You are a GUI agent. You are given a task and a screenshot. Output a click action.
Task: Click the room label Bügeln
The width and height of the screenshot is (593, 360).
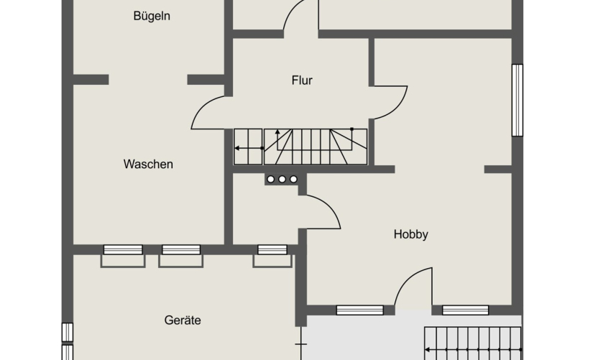click(152, 17)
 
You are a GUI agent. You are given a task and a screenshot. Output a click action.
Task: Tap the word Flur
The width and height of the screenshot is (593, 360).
click(302, 80)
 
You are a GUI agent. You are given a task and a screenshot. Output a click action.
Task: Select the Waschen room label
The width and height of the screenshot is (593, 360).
click(148, 164)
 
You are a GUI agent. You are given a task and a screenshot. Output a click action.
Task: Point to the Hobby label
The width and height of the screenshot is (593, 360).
click(410, 234)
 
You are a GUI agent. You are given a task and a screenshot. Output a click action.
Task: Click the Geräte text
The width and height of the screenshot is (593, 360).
click(183, 320)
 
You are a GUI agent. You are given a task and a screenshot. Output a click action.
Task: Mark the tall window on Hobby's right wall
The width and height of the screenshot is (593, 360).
click(518, 100)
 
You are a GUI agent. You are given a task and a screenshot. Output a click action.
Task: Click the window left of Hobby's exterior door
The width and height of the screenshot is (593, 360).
click(359, 310)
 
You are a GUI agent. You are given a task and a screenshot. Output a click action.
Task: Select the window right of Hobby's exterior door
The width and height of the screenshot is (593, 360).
click(465, 310)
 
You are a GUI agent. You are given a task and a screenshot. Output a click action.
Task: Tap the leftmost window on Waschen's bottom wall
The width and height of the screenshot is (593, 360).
click(123, 249)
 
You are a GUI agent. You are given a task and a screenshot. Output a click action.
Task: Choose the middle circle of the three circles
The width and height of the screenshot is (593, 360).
click(282, 179)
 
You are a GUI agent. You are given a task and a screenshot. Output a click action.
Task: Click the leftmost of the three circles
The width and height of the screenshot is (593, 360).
click(271, 179)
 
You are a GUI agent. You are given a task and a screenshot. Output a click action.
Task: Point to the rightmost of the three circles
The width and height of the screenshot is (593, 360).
click(293, 179)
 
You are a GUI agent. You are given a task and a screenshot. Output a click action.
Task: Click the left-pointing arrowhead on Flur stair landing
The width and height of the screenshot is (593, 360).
click(236, 148)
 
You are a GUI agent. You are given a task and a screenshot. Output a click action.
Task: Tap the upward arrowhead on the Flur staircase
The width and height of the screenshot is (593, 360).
click(277, 131)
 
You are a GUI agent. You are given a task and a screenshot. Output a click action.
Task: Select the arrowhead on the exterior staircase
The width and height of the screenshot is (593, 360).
click(428, 350)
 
